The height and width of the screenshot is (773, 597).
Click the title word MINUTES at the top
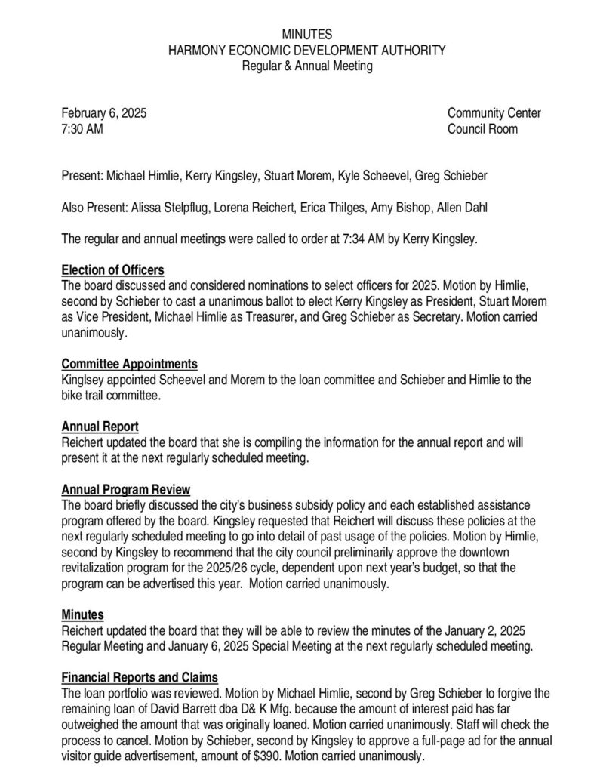click(306, 35)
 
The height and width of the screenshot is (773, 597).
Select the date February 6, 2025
click(104, 113)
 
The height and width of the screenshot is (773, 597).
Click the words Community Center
click(494, 113)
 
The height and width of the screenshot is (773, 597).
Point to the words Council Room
click(482, 129)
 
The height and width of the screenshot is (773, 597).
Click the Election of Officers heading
click(112, 270)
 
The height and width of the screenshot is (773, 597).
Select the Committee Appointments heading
click(130, 363)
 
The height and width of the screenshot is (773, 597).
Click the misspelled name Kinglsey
click(84, 379)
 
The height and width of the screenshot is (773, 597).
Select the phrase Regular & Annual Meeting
click(306, 66)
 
